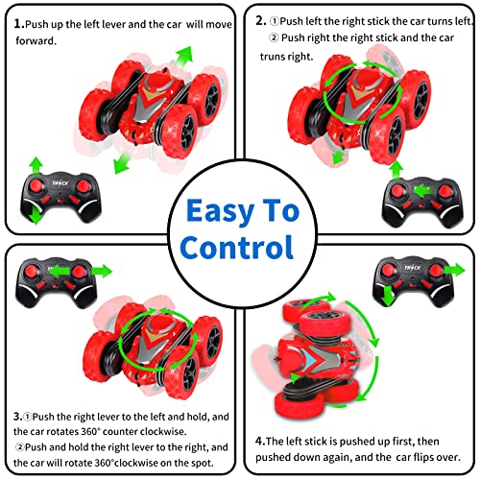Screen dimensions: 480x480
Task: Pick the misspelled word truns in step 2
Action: click(278, 57)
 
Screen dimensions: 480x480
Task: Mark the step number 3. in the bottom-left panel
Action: click(18, 418)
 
